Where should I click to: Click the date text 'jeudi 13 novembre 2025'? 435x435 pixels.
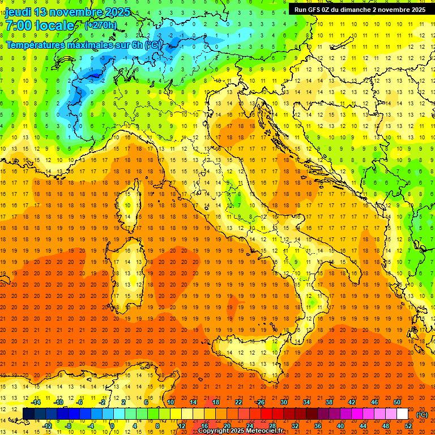pyautogui.click(x=67, y=12)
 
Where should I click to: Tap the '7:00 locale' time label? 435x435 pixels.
pyautogui.click(x=40, y=25)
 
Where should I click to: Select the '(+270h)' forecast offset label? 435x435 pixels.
pyautogui.click(x=101, y=25)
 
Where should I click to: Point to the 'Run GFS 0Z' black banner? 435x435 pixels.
pyautogui.click(x=360, y=10)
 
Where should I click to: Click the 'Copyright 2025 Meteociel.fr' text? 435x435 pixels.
pyautogui.click(x=240, y=431)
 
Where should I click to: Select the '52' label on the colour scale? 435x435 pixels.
pyautogui.click(x=408, y=425)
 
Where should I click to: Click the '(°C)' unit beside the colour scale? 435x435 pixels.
pyautogui.click(x=422, y=414)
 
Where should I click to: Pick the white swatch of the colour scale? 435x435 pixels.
pyautogui.click(x=402, y=414)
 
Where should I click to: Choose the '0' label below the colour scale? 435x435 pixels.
pyautogui.click(x=112, y=425)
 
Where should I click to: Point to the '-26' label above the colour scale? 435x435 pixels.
pyautogui.click(x=260, y=402)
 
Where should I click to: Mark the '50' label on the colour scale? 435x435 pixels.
pyautogui.click(x=397, y=402)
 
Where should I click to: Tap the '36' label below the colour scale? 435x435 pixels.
pyautogui.click(x=317, y=425)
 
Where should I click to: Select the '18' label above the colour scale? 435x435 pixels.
pyautogui.click(x=216, y=402)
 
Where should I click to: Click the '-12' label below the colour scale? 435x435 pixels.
pyautogui.click(x=47, y=425)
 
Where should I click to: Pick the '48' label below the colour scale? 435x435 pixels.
pyautogui.click(x=386, y=425)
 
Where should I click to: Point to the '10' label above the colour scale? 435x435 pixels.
pyautogui.click(x=170, y=402)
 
